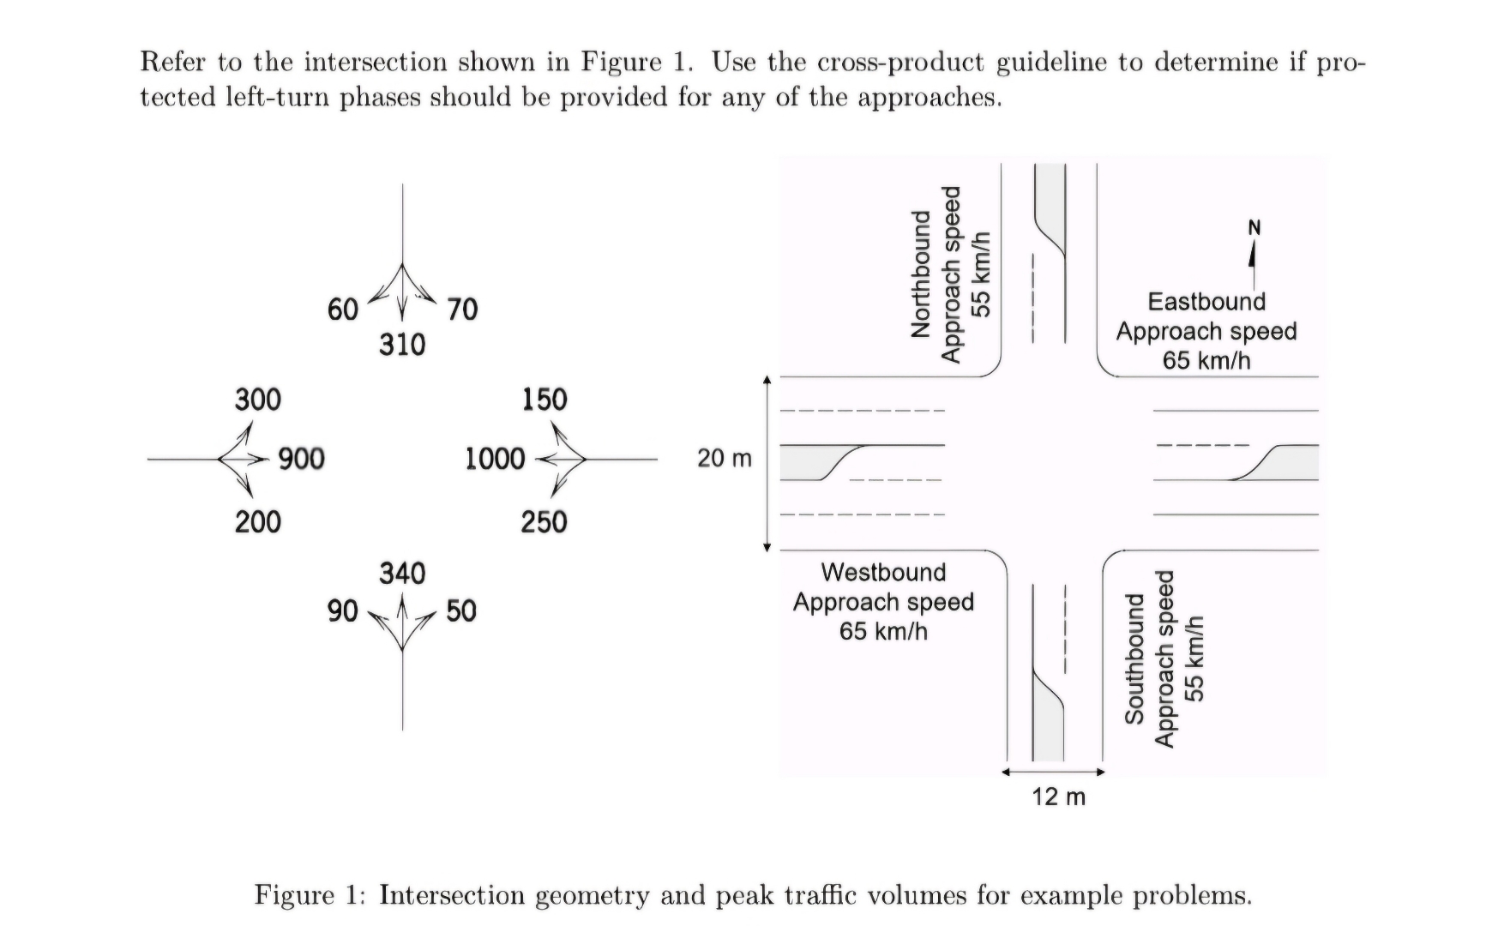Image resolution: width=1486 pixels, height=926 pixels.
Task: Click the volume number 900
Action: pos(301,459)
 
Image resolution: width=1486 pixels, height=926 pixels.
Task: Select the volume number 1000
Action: pos(495,459)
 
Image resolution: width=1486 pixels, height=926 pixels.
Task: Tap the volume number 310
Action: pos(402,345)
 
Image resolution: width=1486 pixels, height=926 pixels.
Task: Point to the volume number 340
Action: pos(402,573)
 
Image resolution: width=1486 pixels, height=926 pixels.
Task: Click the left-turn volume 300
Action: pos(257,400)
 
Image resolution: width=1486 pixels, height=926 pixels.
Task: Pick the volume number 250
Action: pos(544,521)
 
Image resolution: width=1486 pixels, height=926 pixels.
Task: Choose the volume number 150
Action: pos(544,400)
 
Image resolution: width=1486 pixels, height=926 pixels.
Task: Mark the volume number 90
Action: pos(342,610)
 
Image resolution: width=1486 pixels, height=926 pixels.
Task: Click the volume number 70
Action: pos(462,309)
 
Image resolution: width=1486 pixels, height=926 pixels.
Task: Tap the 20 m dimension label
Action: pos(724,459)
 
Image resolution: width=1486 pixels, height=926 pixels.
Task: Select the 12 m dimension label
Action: pos(1058,797)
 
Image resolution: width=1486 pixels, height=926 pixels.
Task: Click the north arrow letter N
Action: pos(1254,228)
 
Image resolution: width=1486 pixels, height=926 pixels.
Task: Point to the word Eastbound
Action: pos(1206,302)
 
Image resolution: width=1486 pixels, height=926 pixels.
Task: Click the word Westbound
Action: pos(883,572)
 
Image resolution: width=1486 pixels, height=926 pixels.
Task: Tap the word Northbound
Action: pos(920,274)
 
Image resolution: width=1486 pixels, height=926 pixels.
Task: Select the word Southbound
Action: pos(1134,658)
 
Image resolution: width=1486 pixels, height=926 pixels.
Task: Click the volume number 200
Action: pos(257,521)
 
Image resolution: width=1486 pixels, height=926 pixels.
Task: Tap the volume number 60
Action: pos(342,309)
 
